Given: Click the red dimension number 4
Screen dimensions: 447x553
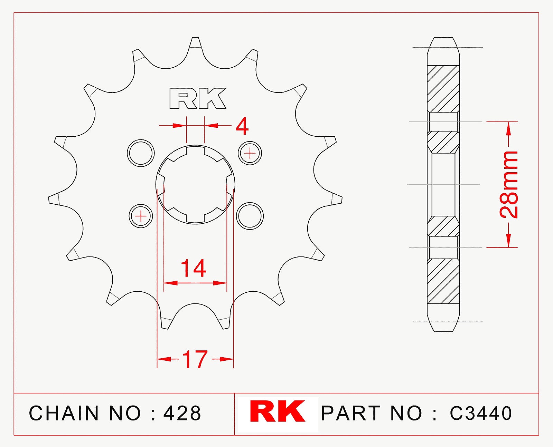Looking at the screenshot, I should pyautogui.click(x=242, y=126).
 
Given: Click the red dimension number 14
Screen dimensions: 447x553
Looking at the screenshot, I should pyautogui.click(x=193, y=268).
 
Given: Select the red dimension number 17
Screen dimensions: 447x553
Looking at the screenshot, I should pyautogui.click(x=195, y=360).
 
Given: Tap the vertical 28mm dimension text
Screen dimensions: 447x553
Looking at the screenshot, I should pyautogui.click(x=509, y=184).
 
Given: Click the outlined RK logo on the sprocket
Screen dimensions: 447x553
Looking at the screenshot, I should pyautogui.click(x=197, y=99).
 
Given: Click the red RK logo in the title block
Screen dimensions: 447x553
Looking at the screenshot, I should pyautogui.click(x=278, y=412).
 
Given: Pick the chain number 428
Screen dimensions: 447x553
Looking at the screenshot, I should pyautogui.click(x=182, y=413).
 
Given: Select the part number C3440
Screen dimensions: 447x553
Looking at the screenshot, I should pyautogui.click(x=480, y=413).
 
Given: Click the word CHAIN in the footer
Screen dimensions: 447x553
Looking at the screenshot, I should pyautogui.click(x=64, y=413).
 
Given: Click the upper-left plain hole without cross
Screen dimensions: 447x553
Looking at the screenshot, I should pyautogui.click(x=141, y=153).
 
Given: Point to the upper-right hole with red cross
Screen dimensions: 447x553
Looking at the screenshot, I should pyautogui.click(x=250, y=153).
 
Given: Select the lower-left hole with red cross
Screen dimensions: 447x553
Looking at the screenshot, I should pyautogui.click(x=141, y=216).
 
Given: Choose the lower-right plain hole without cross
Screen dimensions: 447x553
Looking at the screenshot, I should pyautogui.click(x=250, y=216).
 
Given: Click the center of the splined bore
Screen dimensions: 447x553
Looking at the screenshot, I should pyautogui.click(x=195, y=185).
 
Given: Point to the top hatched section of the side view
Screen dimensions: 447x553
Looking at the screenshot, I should pyautogui.click(x=443, y=88).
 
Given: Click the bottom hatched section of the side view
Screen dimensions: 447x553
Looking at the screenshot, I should pyautogui.click(x=443, y=281).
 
